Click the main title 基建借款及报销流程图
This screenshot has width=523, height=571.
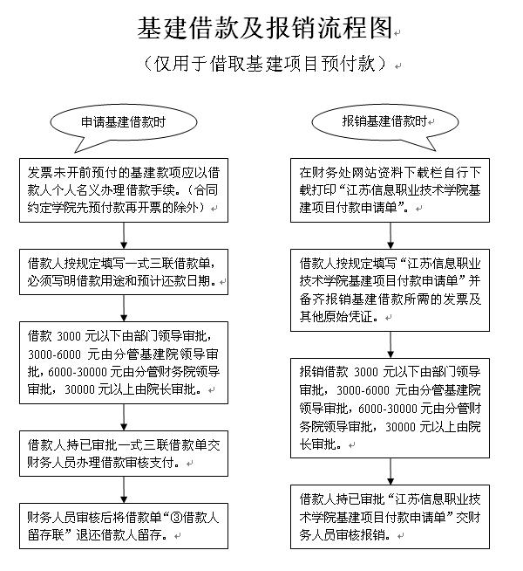click(x=265, y=28)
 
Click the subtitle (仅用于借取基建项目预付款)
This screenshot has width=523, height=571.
click(x=265, y=64)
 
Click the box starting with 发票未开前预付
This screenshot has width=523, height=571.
click(x=124, y=190)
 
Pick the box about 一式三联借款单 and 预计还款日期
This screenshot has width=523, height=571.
click(x=124, y=272)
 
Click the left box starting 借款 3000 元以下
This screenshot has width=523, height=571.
click(x=124, y=362)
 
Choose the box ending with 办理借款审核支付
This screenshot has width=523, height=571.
click(x=124, y=453)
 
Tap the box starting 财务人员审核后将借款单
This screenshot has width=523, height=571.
click(x=124, y=526)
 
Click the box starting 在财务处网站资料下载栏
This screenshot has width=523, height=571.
click(x=390, y=190)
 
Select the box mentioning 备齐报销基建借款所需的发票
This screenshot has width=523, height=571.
click(x=390, y=290)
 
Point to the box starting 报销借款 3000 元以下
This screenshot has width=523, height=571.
click(x=390, y=408)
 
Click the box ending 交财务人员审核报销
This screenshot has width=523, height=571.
click(x=390, y=517)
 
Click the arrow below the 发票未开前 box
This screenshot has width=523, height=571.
click(x=124, y=236)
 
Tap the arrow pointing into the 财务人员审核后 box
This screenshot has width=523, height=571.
click(x=124, y=490)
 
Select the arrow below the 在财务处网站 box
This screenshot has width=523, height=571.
click(x=391, y=236)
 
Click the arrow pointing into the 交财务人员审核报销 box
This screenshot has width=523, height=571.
click(x=391, y=471)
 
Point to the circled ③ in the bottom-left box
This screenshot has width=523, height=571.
click(x=176, y=517)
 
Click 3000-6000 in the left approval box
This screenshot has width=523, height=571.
click(x=55, y=354)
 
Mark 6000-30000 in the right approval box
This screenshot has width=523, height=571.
click(x=387, y=409)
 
